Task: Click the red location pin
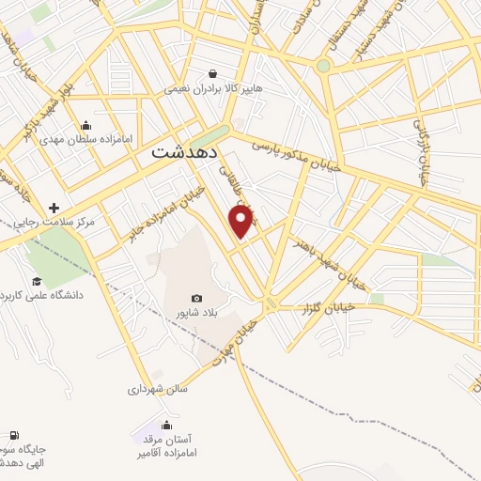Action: (242, 221)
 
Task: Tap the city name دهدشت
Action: (185, 150)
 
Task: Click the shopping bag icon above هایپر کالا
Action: (214, 74)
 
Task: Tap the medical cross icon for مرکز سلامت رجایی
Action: (54, 208)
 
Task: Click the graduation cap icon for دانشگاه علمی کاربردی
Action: (37, 281)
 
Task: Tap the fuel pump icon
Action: (13, 435)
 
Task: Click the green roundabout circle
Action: (323, 66)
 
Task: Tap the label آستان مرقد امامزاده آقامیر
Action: (170, 446)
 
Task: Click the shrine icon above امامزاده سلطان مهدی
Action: (86, 125)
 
